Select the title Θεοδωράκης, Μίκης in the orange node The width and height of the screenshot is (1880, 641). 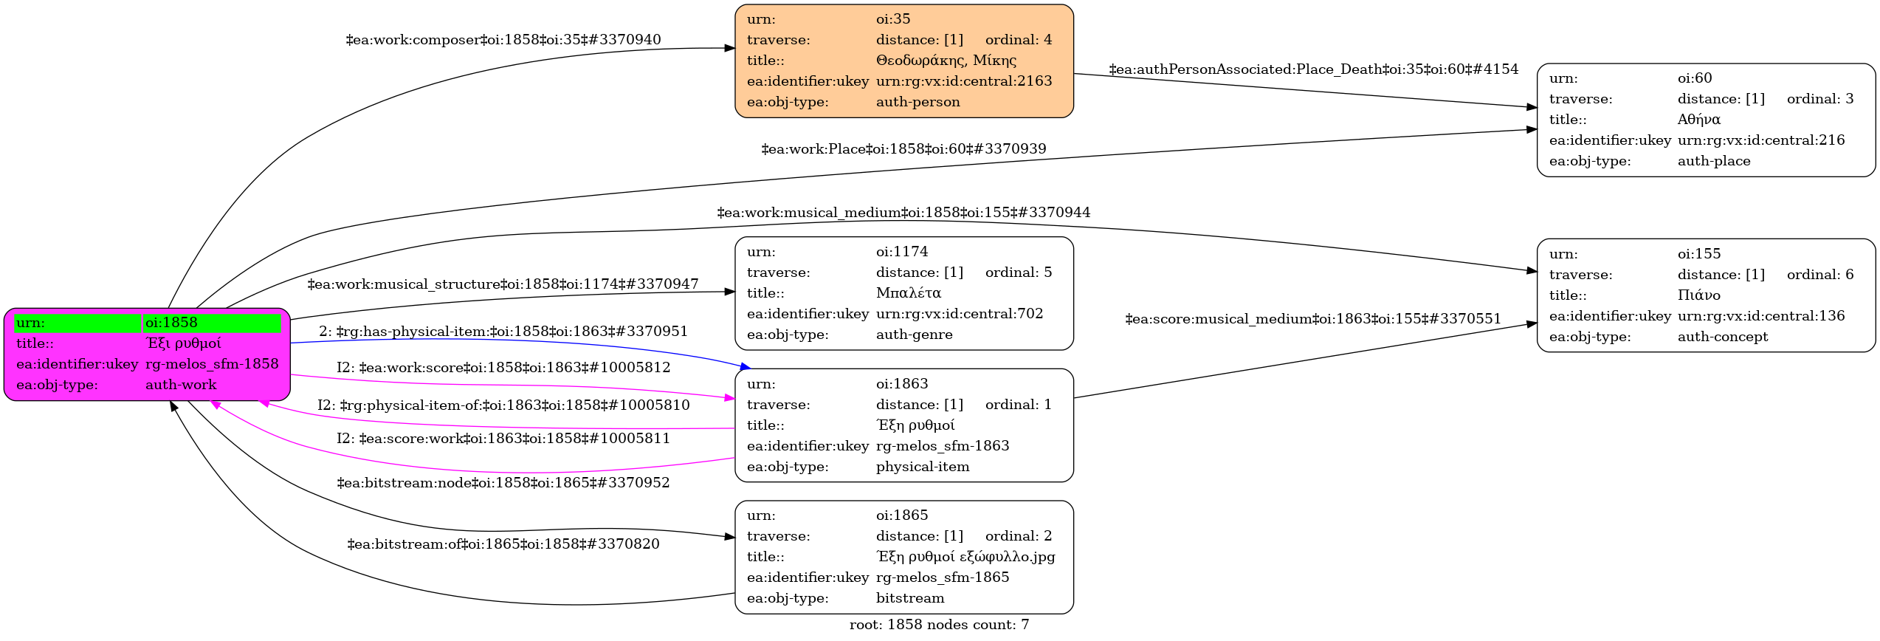(x=946, y=61)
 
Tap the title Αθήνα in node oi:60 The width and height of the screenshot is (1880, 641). (x=1698, y=120)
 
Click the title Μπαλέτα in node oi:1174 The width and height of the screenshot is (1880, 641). (x=908, y=293)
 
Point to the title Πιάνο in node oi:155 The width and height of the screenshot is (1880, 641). (x=1698, y=295)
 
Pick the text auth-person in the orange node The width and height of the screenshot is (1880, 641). (x=917, y=102)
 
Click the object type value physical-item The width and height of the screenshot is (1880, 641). (x=922, y=467)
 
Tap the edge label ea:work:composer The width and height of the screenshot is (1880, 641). (x=503, y=40)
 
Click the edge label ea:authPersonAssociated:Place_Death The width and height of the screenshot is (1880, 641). (x=1313, y=69)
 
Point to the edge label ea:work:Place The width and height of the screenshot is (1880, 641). (x=903, y=149)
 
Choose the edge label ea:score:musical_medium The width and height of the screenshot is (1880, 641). (x=1312, y=319)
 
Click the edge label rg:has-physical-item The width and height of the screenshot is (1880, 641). (x=503, y=332)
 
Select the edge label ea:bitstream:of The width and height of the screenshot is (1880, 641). (x=503, y=544)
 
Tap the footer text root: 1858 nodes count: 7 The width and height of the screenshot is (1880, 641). (x=939, y=625)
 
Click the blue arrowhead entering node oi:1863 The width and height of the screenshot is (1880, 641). (x=745, y=366)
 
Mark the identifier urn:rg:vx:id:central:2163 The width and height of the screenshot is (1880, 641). (x=963, y=81)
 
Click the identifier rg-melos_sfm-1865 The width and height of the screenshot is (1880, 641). (x=942, y=577)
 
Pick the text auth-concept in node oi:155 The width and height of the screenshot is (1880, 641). (x=1722, y=337)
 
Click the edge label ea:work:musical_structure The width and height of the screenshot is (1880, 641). (x=503, y=284)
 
